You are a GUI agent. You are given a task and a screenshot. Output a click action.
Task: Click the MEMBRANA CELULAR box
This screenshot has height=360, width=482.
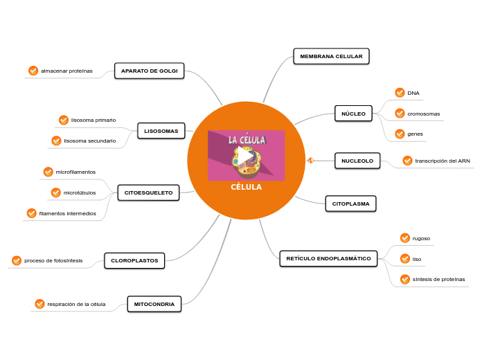click(x=331, y=56)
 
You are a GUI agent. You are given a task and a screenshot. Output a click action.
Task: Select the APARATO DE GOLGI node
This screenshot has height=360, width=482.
click(x=149, y=71)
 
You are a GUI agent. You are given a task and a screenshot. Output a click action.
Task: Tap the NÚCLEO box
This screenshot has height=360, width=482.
click(x=353, y=113)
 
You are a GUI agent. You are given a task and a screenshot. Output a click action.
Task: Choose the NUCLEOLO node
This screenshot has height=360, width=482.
click(x=357, y=161)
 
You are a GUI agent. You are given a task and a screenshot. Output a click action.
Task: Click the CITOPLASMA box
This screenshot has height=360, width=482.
click(x=350, y=204)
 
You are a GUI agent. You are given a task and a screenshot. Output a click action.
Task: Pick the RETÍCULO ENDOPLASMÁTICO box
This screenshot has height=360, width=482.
click(x=328, y=259)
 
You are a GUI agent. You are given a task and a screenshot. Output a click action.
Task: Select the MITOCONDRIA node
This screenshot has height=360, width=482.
click(x=154, y=304)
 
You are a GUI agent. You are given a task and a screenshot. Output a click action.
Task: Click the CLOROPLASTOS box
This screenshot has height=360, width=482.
click(x=134, y=261)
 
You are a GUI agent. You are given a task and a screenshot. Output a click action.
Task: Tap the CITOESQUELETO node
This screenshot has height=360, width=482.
click(x=149, y=192)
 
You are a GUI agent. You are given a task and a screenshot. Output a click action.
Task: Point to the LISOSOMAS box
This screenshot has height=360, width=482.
click(x=161, y=131)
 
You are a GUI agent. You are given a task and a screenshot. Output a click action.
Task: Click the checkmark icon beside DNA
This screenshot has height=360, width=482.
click(x=400, y=93)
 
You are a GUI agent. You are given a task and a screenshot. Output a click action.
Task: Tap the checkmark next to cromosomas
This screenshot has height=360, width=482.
click(x=400, y=114)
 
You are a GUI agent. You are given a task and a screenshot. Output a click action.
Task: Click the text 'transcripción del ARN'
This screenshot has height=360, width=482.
click(x=442, y=161)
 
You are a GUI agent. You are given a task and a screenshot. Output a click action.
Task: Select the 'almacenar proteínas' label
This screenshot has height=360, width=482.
click(x=66, y=71)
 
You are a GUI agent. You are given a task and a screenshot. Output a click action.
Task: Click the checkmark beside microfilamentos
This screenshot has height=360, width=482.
click(x=48, y=172)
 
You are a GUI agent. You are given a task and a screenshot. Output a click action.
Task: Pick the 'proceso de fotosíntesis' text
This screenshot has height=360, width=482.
click(x=53, y=261)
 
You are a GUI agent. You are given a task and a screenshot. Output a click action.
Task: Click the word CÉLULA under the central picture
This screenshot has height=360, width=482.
click(x=246, y=187)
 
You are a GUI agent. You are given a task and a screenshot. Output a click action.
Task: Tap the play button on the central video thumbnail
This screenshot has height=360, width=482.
click(x=246, y=156)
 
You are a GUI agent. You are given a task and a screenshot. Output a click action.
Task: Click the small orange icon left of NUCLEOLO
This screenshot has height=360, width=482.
click(x=310, y=161)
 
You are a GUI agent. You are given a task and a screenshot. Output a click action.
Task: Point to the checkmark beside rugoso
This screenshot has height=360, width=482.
click(x=405, y=238)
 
